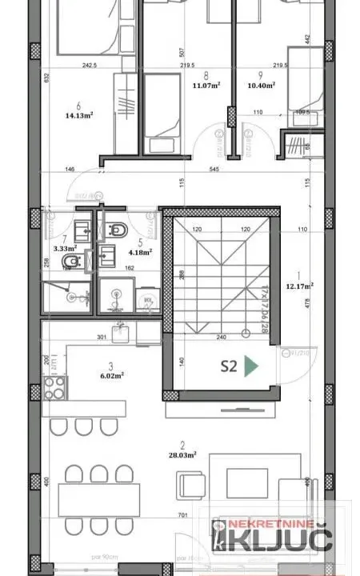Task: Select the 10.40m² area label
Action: [x=262, y=83]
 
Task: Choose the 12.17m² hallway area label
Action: [x=301, y=284]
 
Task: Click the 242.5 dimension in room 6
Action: [x=78, y=66]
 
